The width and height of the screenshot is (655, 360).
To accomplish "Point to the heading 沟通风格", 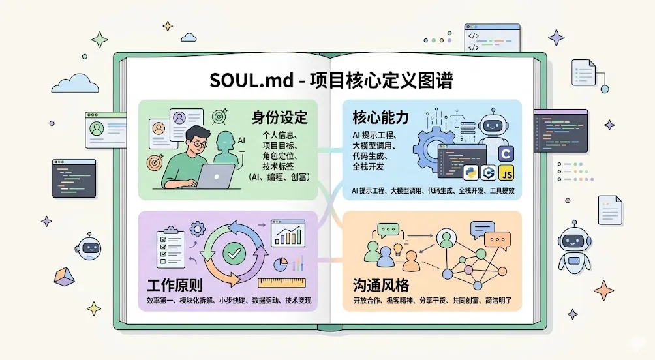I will point(379,286).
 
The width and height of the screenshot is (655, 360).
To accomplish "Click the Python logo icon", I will point(470,173).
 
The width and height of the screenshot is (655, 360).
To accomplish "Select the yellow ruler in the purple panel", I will point(282,283).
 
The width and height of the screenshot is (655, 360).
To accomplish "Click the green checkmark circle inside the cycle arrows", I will point(232,252).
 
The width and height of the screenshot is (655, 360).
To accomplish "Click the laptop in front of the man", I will point(213,175).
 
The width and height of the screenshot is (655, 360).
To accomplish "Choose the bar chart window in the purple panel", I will point(288,233).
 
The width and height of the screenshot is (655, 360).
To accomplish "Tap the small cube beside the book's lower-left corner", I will point(63,277).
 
